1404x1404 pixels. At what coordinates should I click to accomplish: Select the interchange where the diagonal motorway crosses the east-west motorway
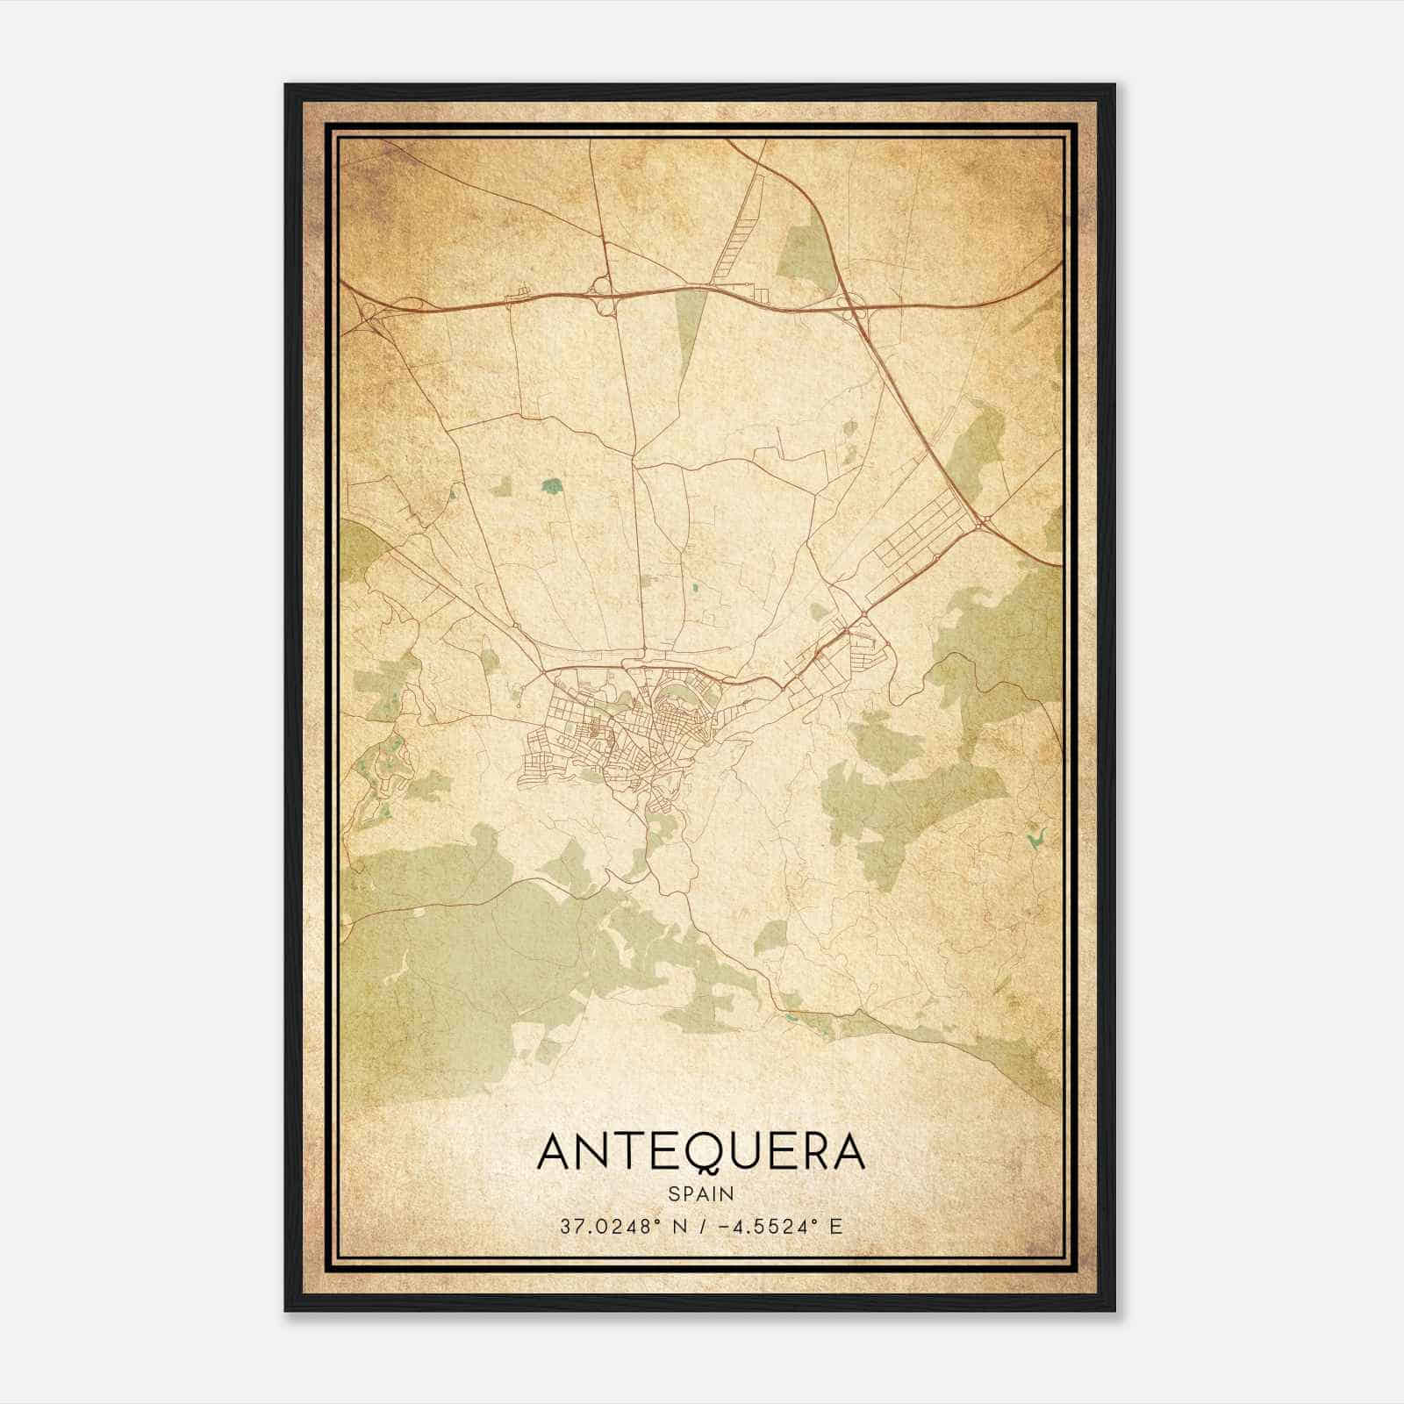(853, 307)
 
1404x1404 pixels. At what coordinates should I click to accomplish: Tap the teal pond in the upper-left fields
(552, 484)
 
